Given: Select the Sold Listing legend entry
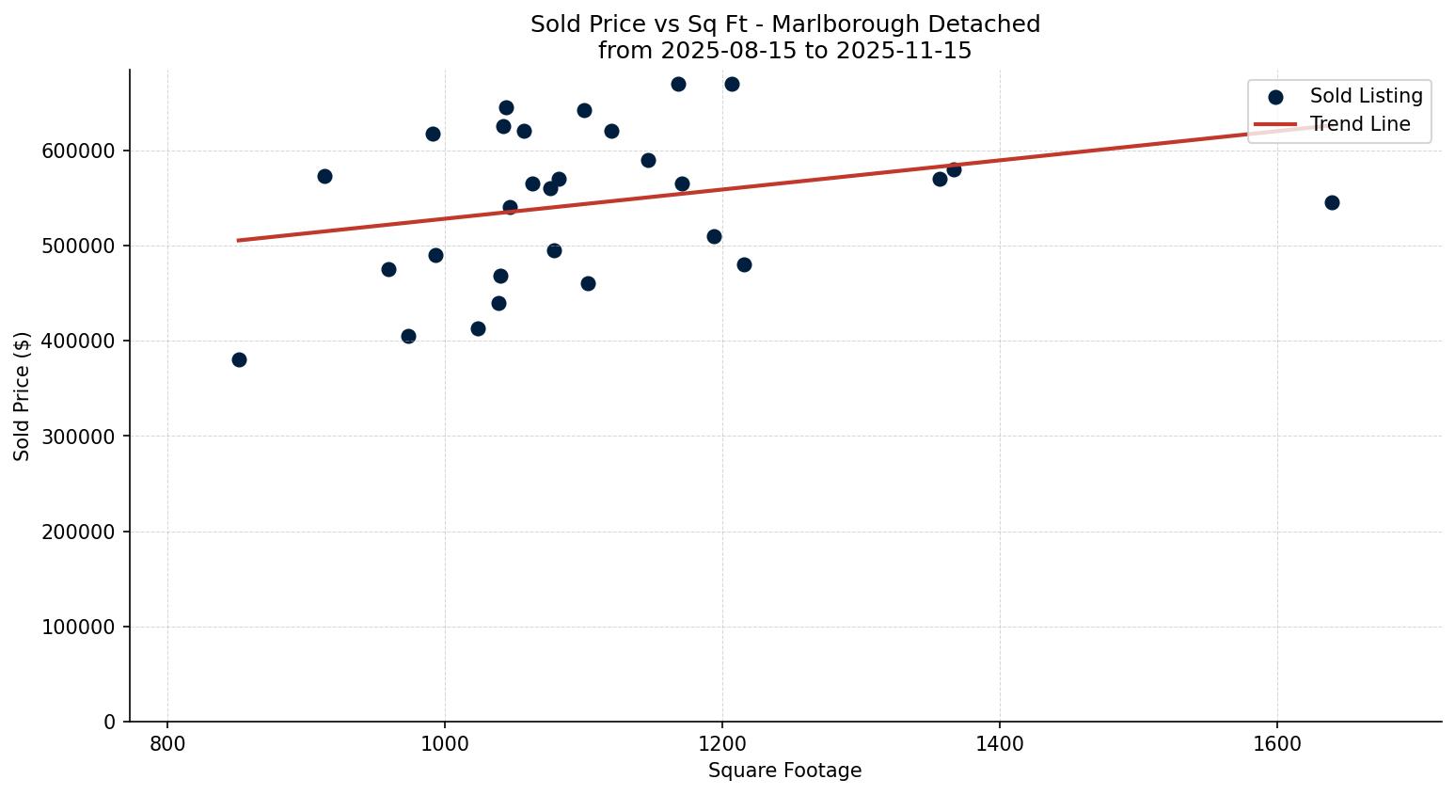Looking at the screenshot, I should coord(1366,96).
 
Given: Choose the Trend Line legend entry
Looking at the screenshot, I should coord(1359,124).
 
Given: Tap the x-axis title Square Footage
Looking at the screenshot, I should coord(784,771).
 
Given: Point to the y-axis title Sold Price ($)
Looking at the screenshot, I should coord(23,396).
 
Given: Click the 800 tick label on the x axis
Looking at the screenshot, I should coord(167,743).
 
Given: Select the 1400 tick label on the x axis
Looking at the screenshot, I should coord(999,743).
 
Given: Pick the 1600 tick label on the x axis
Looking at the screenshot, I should coord(1276,743).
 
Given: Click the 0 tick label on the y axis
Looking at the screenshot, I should coord(110,722).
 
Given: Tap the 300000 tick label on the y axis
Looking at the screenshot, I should coord(79,437).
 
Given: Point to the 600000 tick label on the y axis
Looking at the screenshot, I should coord(79,151).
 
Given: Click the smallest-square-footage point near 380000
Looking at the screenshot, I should coord(239,359).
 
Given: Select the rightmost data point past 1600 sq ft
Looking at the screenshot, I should coord(1332,202).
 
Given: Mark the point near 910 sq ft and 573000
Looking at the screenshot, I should coord(324,176).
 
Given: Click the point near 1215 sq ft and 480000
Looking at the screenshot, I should coord(744,264).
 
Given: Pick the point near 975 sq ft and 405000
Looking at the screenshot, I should coord(408,336).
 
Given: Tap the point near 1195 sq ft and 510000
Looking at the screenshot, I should coord(714,236).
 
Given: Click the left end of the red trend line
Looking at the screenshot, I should coord(239,240).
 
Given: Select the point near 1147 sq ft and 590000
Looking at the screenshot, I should coord(648,160).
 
